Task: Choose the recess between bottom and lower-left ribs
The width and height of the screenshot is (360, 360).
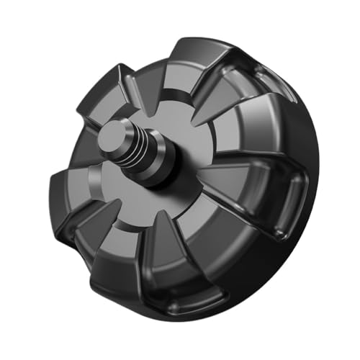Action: (162, 259)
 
